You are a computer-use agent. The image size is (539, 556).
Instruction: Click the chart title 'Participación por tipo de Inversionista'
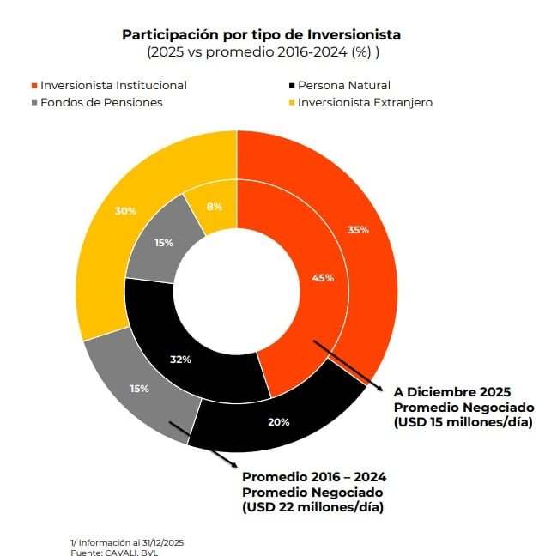(261, 35)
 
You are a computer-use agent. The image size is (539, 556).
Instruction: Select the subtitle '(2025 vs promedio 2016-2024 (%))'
(261, 51)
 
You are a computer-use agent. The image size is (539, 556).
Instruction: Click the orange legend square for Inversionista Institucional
(33, 86)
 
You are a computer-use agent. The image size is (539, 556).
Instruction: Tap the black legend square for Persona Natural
(291, 86)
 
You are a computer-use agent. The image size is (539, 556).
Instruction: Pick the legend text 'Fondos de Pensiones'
(101, 102)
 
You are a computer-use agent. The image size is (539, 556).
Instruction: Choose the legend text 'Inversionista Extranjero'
(365, 102)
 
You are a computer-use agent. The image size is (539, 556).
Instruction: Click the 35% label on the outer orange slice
(359, 230)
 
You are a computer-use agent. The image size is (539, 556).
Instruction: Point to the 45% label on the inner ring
(323, 278)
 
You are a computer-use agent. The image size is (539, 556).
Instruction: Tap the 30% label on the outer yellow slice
(126, 210)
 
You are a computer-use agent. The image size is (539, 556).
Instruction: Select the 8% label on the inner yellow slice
(215, 206)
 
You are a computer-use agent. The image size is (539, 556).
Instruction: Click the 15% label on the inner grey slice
(163, 243)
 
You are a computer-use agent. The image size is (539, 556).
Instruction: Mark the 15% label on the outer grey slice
(139, 389)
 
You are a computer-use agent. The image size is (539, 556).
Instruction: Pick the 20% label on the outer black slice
(279, 421)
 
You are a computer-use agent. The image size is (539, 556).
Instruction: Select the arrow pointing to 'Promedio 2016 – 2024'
(203, 444)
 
